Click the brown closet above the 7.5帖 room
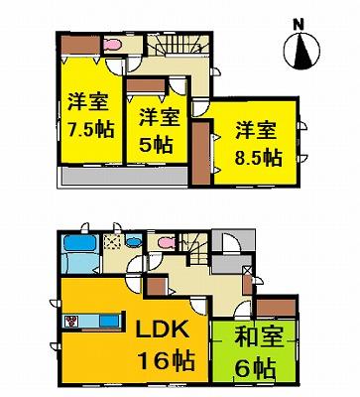[75, 45]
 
